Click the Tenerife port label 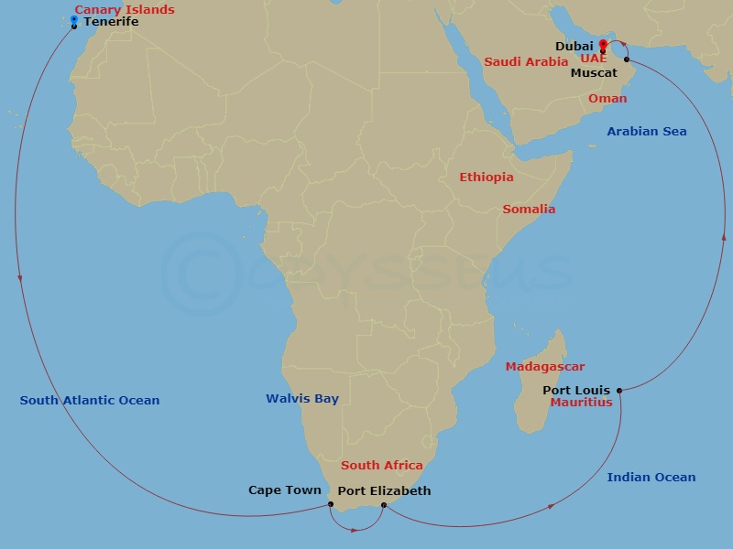pos(111,22)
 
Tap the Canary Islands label pos(125,10)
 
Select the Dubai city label pos(574,46)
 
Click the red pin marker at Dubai pos(603,44)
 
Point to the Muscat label pos(594,72)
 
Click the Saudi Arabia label pos(526,62)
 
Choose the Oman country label pos(607,99)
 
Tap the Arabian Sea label pos(646,132)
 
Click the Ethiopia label pos(487,178)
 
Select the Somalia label pos(529,210)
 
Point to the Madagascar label pos(545,367)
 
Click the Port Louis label pos(576,391)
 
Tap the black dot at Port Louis pos(619,391)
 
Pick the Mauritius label pos(581,403)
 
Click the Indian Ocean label pos(651,478)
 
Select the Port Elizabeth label pos(384,491)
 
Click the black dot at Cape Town pos(330,504)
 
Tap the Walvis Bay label pos(302,399)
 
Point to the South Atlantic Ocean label pos(90,401)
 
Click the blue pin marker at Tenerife pos(74,19)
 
